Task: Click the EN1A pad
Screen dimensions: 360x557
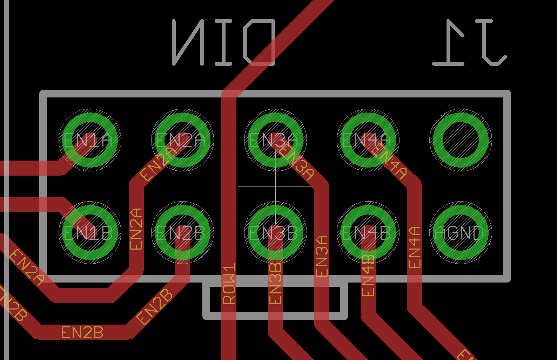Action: (90, 140)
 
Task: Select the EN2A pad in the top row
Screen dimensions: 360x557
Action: (182, 140)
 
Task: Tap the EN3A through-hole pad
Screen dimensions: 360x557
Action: (275, 140)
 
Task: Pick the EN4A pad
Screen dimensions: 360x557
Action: (368, 140)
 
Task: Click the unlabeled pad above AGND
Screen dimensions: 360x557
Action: (461, 140)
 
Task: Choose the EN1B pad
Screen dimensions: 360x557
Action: (90, 232)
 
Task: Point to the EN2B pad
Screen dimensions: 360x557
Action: (182, 232)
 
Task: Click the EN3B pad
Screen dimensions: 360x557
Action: (275, 232)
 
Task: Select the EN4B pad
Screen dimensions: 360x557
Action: (368, 232)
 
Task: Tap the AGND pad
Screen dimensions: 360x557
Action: (461, 232)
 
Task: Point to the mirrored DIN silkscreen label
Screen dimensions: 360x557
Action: (224, 43)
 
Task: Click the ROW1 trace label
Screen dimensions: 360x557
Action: (229, 284)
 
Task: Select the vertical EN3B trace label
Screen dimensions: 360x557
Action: (275, 284)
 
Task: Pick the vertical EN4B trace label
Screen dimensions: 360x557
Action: (368, 276)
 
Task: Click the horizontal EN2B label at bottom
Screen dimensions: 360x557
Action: (82, 333)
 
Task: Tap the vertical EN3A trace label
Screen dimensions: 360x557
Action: (322, 256)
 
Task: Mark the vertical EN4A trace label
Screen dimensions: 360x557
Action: (414, 247)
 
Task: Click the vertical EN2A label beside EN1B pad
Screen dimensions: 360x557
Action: (136, 229)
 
